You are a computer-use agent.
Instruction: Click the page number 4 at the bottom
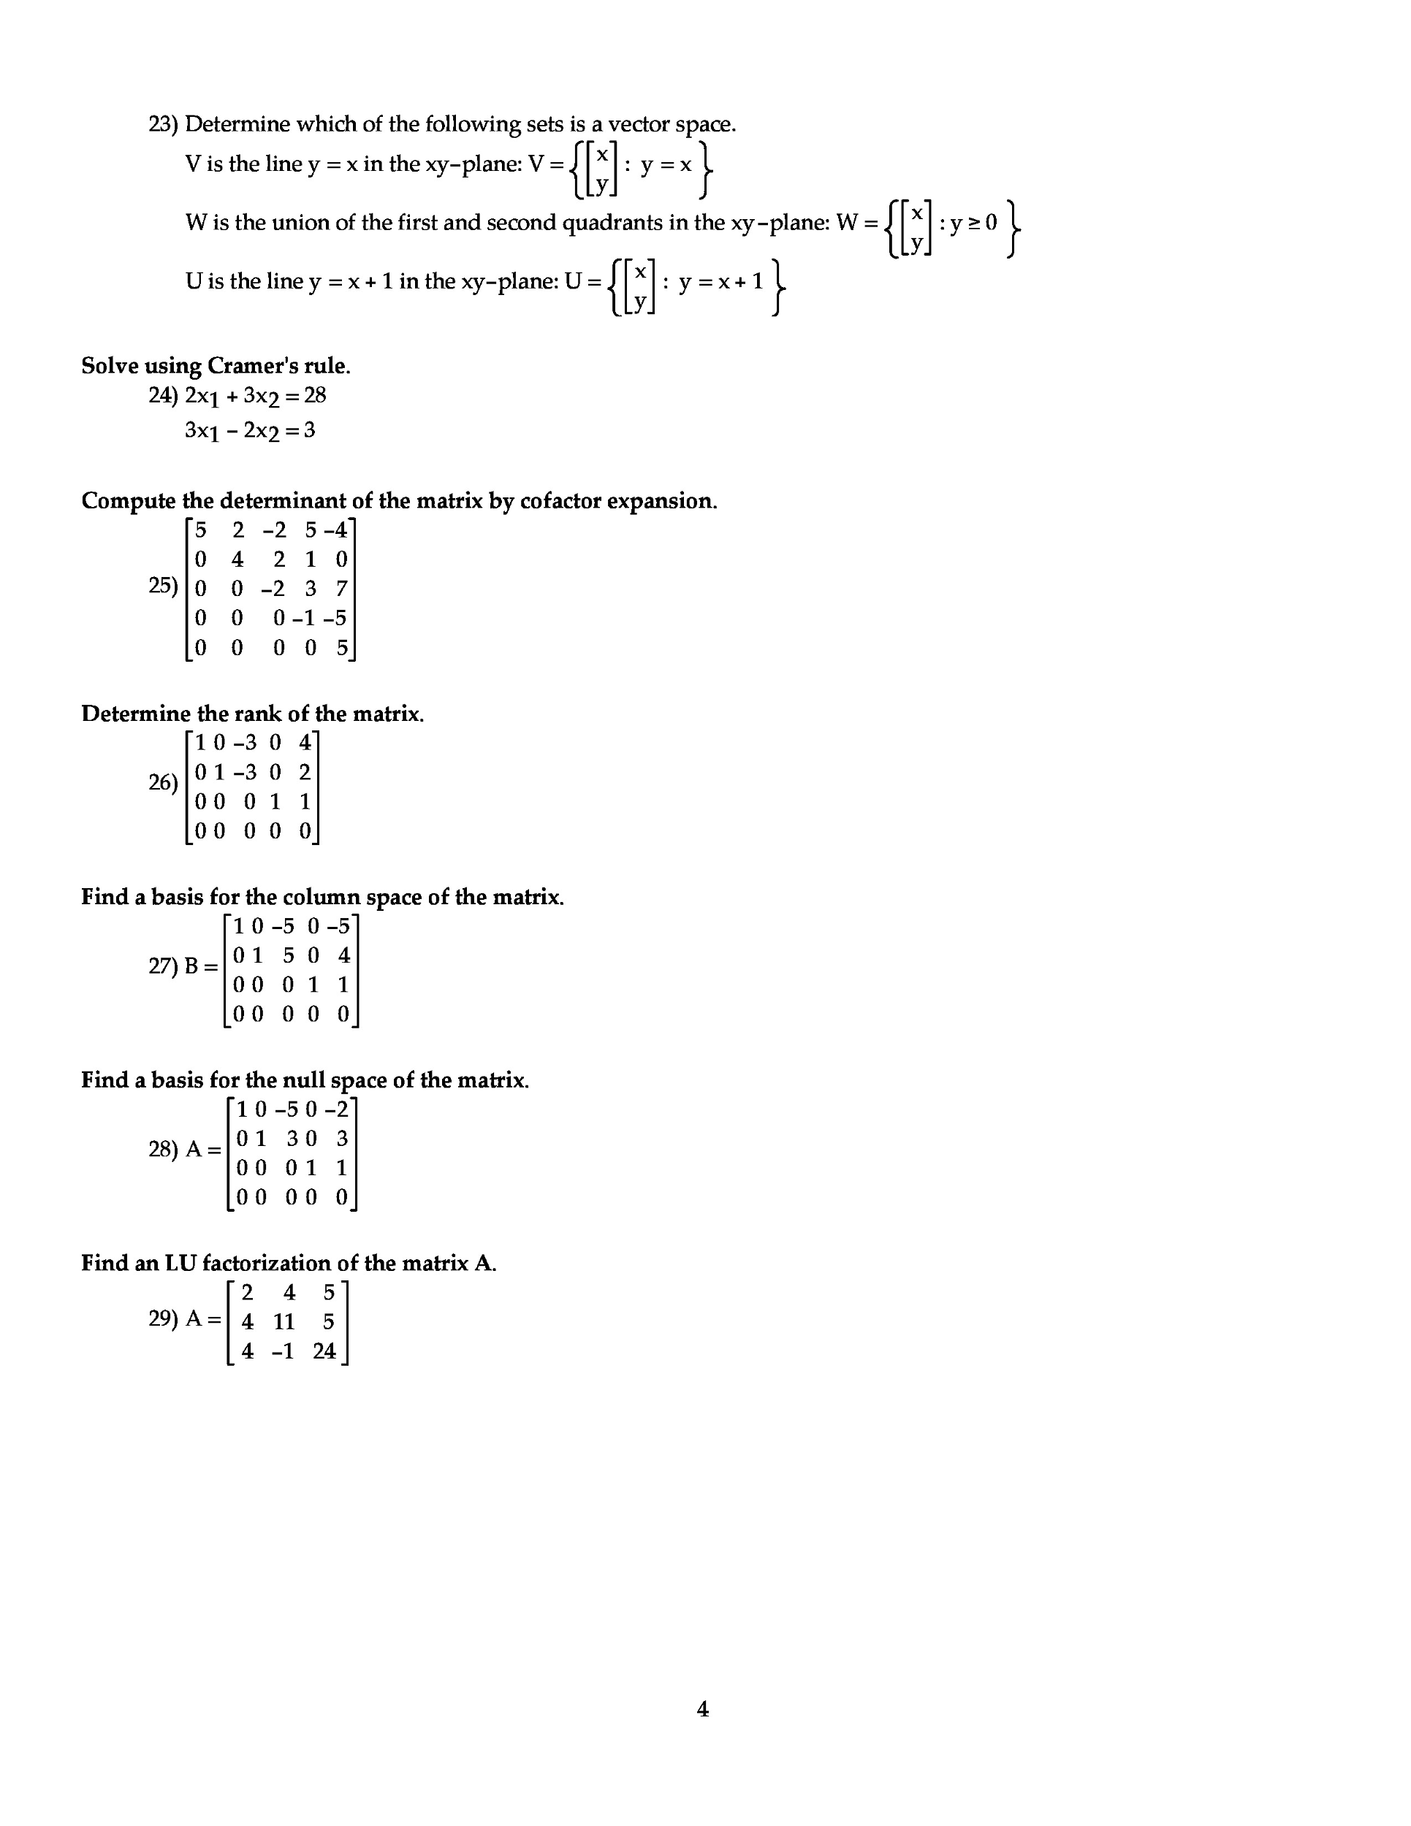coord(702,1709)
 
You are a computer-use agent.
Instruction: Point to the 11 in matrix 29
coord(284,1322)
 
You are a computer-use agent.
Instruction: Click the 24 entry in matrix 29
coord(324,1351)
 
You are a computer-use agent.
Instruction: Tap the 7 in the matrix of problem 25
coord(341,589)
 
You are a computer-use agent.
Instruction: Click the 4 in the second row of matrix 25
coord(237,559)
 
